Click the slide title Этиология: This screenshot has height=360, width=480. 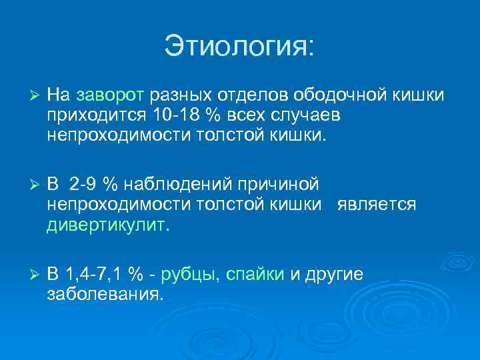239,47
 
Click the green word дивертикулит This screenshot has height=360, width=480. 108,225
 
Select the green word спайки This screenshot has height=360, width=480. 256,274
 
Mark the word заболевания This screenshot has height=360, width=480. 104,294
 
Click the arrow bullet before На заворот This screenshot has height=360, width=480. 27,96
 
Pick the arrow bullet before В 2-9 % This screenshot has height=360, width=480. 27,184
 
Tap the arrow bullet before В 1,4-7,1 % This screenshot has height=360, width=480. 27,275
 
